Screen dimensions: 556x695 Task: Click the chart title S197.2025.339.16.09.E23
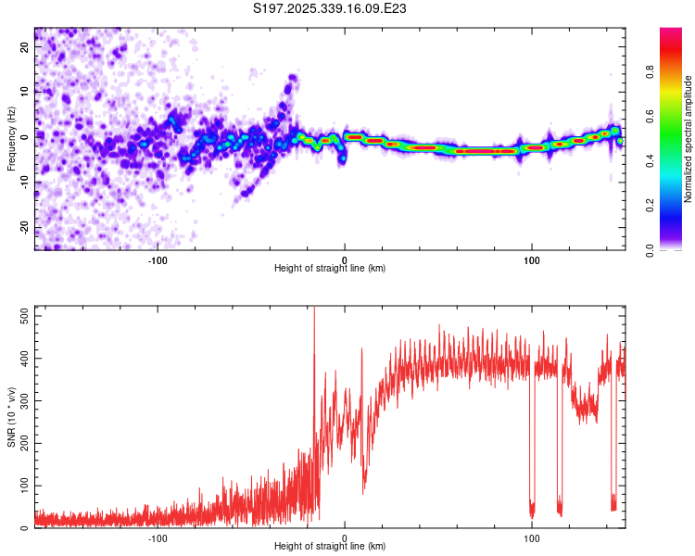click(x=331, y=8)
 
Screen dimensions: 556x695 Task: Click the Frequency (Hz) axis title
click(x=11, y=138)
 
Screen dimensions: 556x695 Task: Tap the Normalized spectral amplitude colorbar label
click(x=689, y=139)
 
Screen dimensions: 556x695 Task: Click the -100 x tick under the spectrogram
click(x=158, y=259)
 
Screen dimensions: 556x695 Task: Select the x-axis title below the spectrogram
click(x=330, y=269)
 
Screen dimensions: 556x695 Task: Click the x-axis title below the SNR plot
click(x=330, y=547)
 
